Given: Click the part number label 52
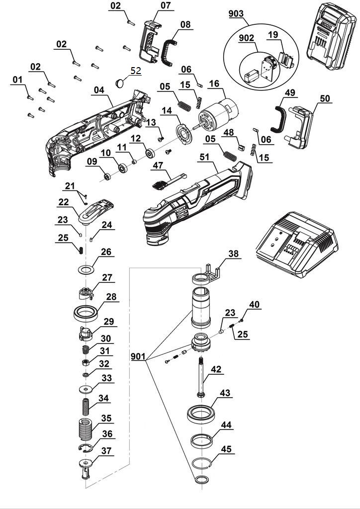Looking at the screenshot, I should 135,71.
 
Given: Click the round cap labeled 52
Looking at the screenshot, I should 121,82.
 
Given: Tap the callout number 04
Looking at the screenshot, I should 99,90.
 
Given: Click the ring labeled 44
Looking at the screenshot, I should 203,440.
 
